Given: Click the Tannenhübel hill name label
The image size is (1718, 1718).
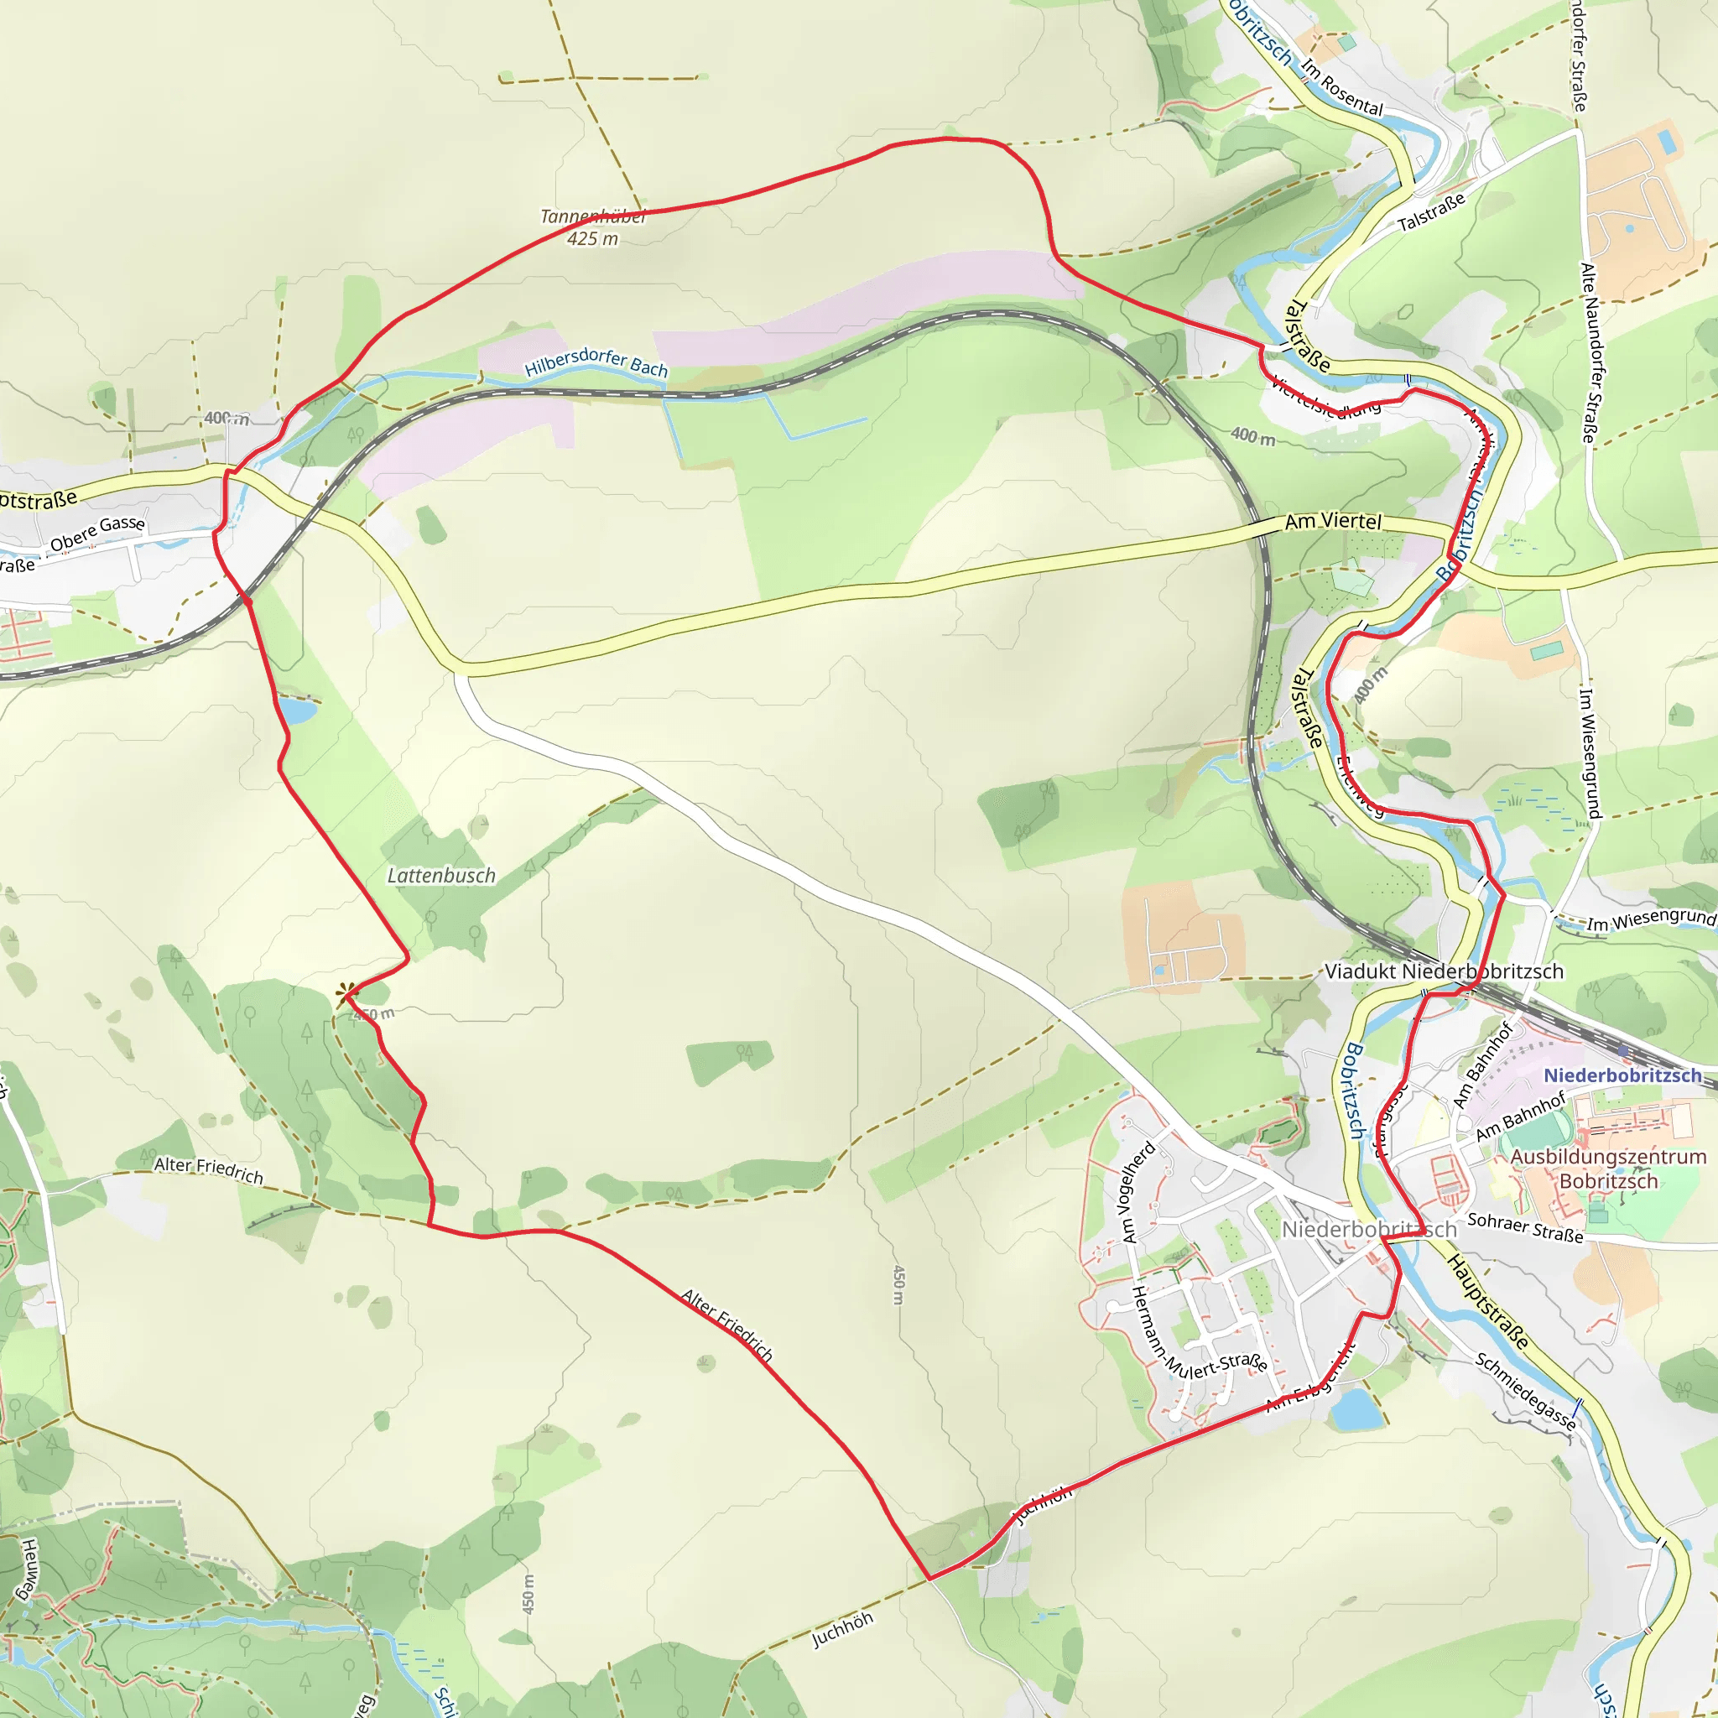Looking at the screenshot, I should [x=592, y=216].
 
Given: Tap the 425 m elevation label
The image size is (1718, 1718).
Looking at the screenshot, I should [x=592, y=238].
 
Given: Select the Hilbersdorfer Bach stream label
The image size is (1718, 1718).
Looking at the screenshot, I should [x=596, y=362].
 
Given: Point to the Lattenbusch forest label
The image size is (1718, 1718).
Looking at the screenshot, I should [x=441, y=876].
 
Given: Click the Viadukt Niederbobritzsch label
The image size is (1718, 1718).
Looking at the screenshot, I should [x=1443, y=971].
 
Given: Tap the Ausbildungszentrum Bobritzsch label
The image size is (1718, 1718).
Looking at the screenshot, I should [x=1609, y=1169].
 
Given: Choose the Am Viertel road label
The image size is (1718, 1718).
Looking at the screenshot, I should [x=1333, y=521].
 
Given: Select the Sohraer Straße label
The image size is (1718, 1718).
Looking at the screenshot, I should [x=1525, y=1227].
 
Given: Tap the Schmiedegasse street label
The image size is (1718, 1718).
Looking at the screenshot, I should [x=1525, y=1391].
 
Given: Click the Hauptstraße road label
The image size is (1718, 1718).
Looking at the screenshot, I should [x=1487, y=1301].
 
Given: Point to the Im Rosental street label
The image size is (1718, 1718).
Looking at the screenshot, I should [x=1342, y=88].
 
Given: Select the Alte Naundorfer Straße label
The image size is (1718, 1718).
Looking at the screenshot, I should [x=1587, y=352].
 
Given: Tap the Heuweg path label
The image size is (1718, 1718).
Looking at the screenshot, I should [x=29, y=1569].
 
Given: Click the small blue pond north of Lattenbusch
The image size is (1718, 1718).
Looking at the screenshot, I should [x=297, y=711].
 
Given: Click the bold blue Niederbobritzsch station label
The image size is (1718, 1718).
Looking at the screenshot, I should [x=1622, y=1075].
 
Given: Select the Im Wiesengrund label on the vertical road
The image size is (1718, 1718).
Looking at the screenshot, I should [x=1590, y=752].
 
